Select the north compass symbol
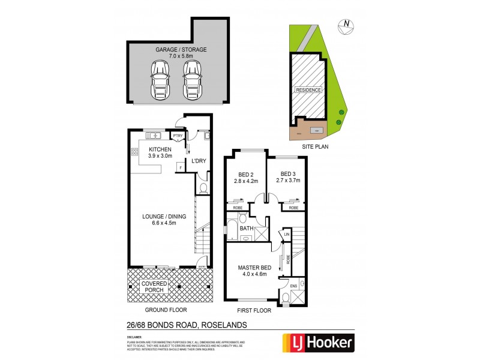click(347, 25)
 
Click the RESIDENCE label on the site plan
click(308, 90)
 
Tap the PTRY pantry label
click(178, 136)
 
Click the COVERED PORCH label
click(155, 287)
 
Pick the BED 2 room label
click(246, 177)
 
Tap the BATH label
click(247, 229)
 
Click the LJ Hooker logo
click(317, 343)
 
